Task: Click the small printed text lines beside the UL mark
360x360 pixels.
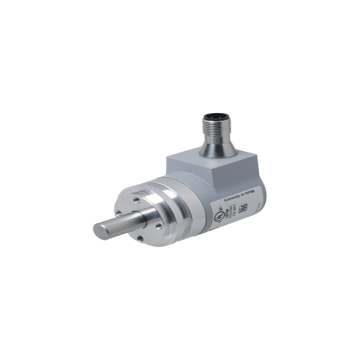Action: point(229,208)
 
